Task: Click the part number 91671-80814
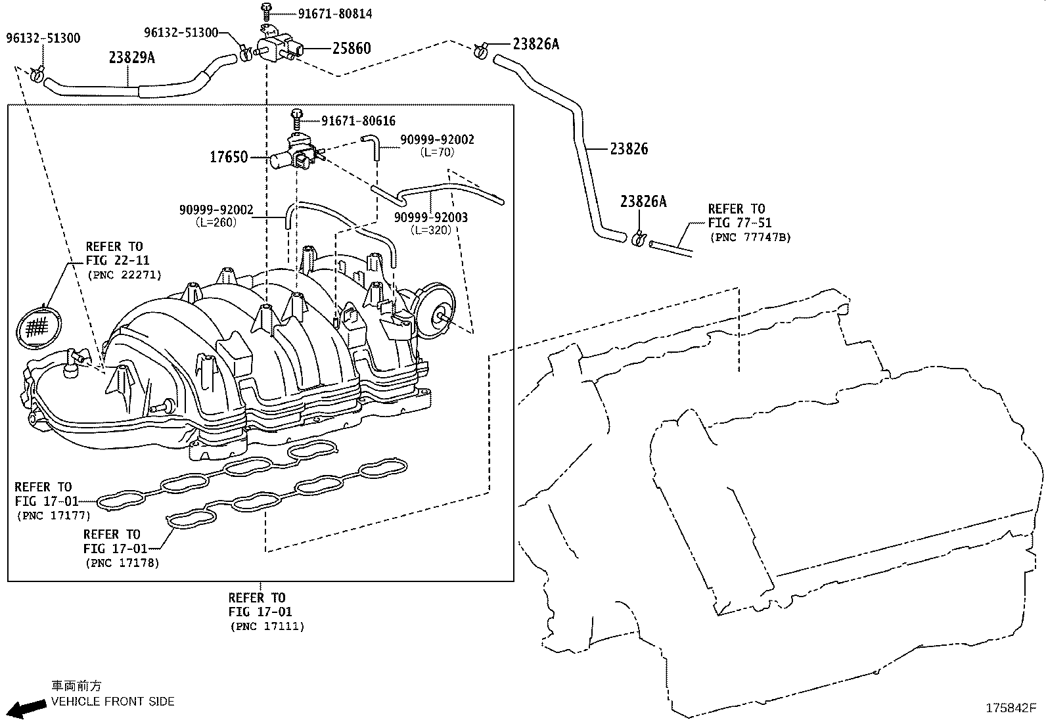click(x=335, y=14)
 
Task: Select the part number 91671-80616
click(x=358, y=121)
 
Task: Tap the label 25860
click(x=352, y=48)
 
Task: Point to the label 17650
click(x=229, y=157)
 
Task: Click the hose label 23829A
click(x=131, y=57)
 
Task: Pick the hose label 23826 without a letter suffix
click(x=629, y=149)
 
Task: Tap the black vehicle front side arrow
click(x=27, y=709)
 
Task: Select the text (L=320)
click(x=431, y=230)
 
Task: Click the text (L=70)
click(x=437, y=152)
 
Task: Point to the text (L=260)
click(x=216, y=223)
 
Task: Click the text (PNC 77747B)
click(x=750, y=237)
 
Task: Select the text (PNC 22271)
click(x=124, y=275)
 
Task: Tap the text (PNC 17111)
click(x=267, y=626)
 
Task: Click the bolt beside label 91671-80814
click(x=266, y=11)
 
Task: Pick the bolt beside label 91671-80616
click(x=297, y=119)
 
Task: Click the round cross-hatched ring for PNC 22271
click(x=39, y=327)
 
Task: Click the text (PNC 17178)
click(x=122, y=563)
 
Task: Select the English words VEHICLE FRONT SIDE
click(x=112, y=702)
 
